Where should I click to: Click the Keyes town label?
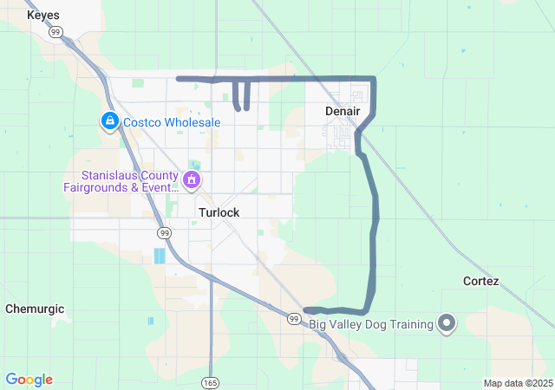click(42, 16)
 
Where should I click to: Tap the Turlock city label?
click(219, 212)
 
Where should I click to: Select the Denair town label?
click(342, 112)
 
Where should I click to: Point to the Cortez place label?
click(480, 282)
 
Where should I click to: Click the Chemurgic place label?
click(35, 309)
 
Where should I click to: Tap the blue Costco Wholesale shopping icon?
click(110, 122)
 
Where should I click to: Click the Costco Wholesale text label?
click(171, 122)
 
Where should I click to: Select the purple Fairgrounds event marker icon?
click(192, 180)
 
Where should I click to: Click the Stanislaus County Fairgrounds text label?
click(118, 180)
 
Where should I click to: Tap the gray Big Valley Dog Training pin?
click(447, 324)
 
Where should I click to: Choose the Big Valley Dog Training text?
click(371, 325)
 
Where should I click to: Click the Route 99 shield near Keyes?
click(56, 32)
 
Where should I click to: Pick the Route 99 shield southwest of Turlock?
click(164, 233)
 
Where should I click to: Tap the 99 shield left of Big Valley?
click(294, 320)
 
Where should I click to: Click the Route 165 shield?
click(212, 381)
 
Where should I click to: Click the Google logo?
click(29, 380)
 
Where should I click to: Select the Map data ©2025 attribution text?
click(518, 383)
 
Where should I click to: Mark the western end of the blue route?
click(179, 79)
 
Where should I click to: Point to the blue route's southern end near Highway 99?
click(308, 309)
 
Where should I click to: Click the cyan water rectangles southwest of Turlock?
click(160, 256)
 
